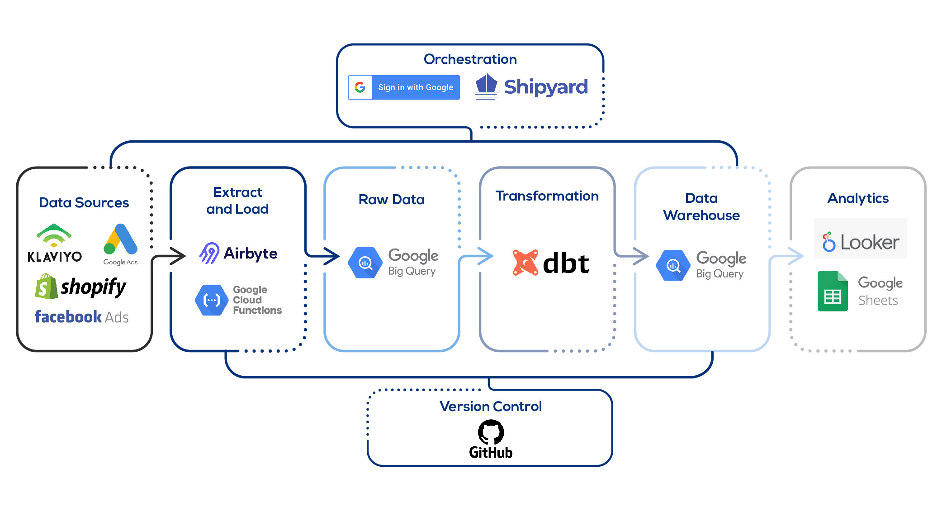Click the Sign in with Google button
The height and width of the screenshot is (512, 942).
click(x=403, y=87)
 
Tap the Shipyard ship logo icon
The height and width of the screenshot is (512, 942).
click(x=486, y=86)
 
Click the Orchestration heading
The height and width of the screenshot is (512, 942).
click(x=470, y=59)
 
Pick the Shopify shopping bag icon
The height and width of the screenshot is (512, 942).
click(x=46, y=287)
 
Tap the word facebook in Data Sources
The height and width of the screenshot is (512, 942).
click(x=68, y=316)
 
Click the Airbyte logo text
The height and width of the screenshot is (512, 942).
click(x=250, y=253)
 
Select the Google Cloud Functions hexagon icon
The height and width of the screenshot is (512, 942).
click(x=211, y=300)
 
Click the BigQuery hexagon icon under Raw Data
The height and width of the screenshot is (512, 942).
click(x=365, y=263)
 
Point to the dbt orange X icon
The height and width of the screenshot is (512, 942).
click(x=525, y=263)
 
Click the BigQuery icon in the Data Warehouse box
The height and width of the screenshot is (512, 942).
click(x=673, y=265)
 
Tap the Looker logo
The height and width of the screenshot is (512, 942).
click(x=860, y=242)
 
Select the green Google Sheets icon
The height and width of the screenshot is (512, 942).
click(x=833, y=292)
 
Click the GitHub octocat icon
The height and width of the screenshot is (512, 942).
click(x=491, y=432)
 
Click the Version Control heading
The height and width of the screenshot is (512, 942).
click(x=490, y=406)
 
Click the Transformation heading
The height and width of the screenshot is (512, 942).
click(x=547, y=196)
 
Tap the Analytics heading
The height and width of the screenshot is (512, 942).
click(x=857, y=198)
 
